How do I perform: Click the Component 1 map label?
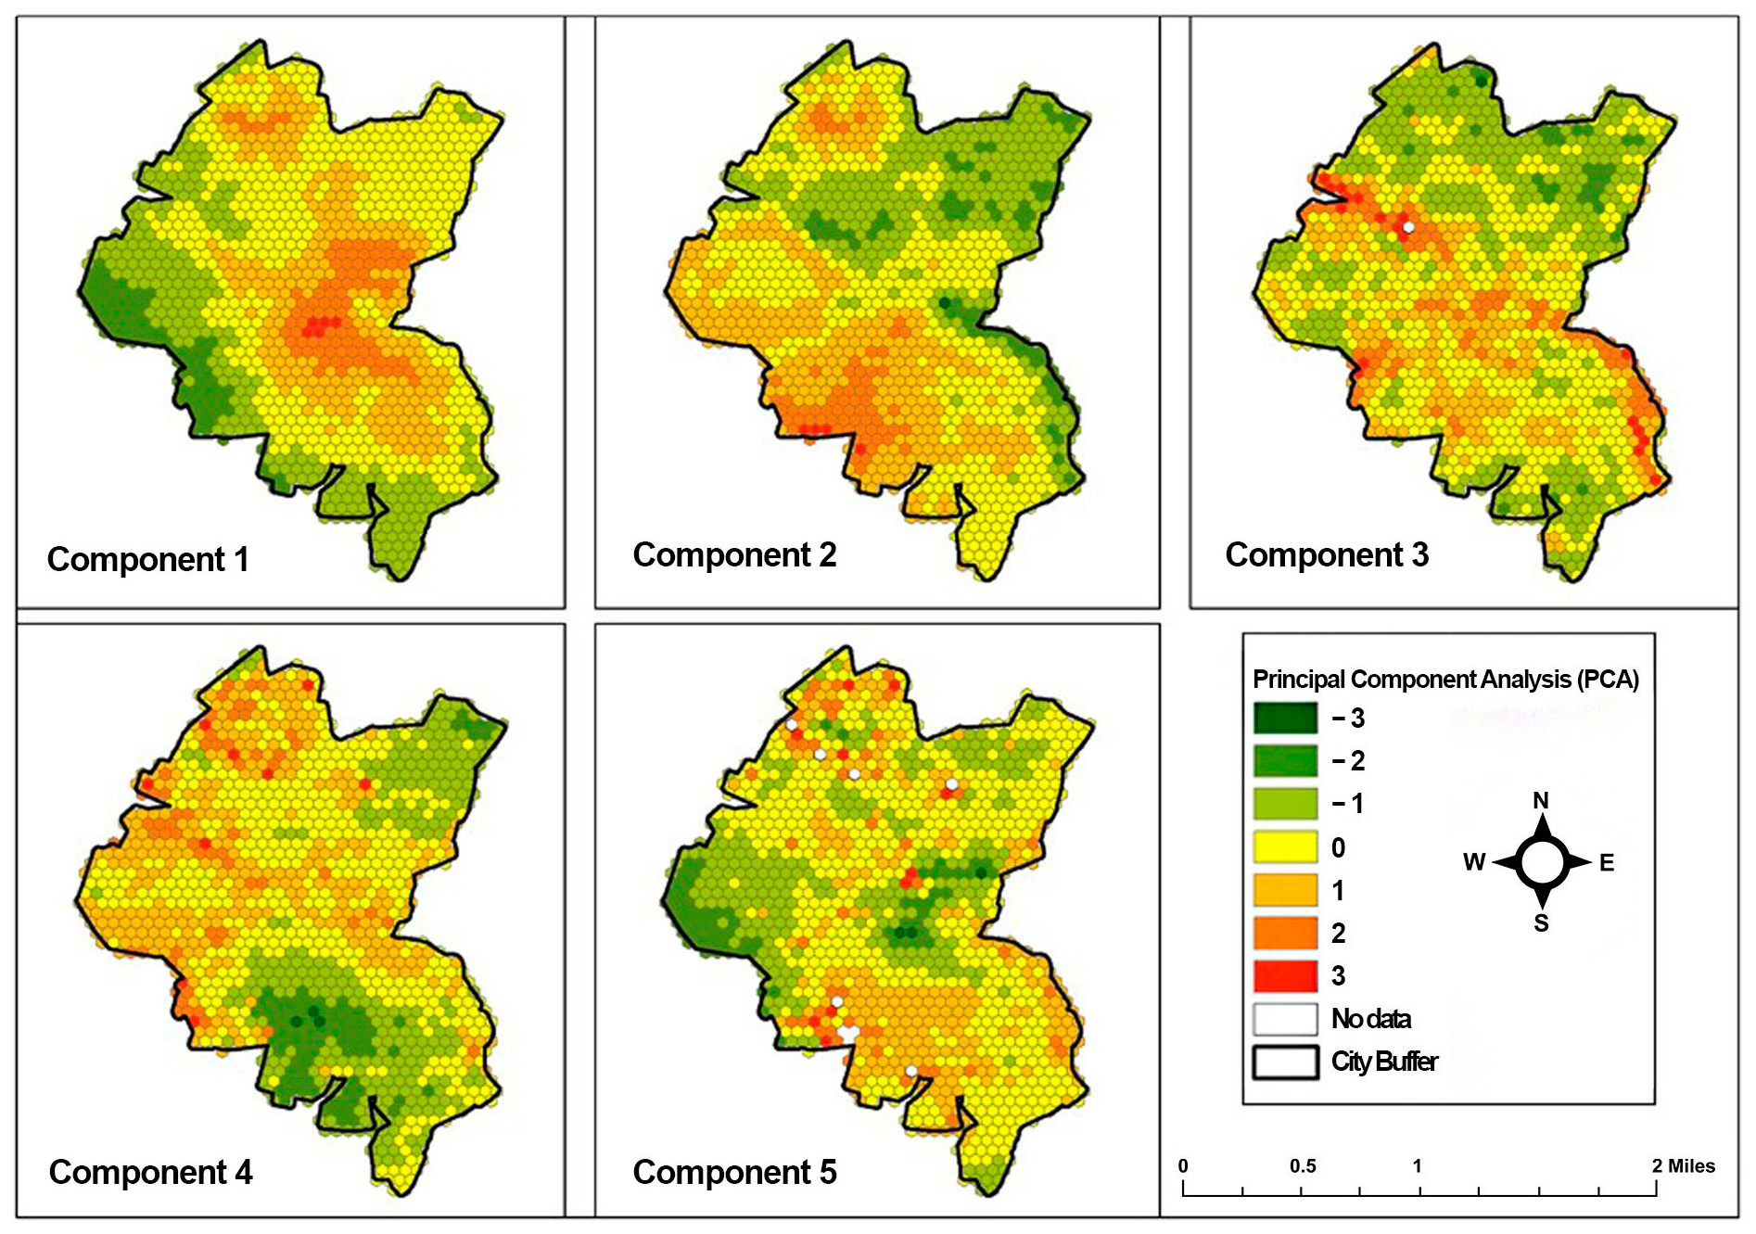tap(148, 560)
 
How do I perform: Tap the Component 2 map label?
tap(734, 555)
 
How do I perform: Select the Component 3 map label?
tap(1327, 555)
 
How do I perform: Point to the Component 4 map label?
tap(150, 1173)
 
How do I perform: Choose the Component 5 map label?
tap(734, 1173)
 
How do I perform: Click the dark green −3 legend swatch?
tap(1285, 719)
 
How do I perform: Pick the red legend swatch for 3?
tap(1285, 976)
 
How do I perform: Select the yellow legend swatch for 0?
tap(1285, 847)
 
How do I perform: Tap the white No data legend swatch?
tap(1285, 1019)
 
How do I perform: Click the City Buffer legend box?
tap(1285, 1062)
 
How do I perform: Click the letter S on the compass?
tap(1541, 923)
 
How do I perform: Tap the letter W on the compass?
tap(1473, 863)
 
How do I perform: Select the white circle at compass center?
tap(1542, 862)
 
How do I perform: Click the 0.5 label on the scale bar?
tap(1303, 1166)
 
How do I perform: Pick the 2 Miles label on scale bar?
tap(1683, 1166)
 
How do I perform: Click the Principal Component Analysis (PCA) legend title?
tap(1445, 680)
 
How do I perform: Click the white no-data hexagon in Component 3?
tap(1408, 227)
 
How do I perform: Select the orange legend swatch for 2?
tap(1285, 934)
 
